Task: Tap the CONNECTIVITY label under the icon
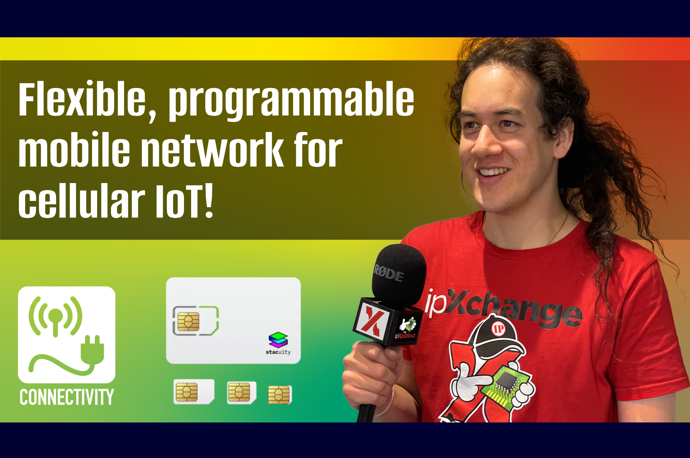pos(67,397)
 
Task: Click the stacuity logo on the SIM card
pos(278,344)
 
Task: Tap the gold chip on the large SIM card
pos(188,321)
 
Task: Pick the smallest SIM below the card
pos(280,395)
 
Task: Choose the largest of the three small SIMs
pos(194,392)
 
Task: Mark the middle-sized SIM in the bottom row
pos(241,392)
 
